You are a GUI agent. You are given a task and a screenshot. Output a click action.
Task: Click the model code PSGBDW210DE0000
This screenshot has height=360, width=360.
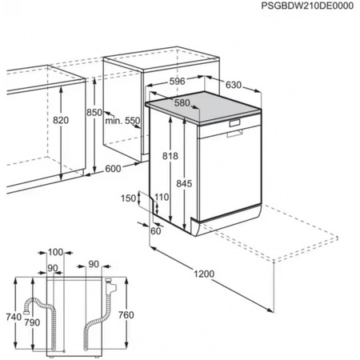pos(306,6)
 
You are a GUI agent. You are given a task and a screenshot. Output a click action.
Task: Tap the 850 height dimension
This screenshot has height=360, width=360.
pos(95,113)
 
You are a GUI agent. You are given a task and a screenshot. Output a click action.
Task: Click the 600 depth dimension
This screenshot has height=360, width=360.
pos(112,168)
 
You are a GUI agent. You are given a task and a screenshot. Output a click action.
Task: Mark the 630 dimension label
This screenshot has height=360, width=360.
pos(234,85)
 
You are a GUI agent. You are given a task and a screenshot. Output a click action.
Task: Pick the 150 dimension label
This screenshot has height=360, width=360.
pos(128,198)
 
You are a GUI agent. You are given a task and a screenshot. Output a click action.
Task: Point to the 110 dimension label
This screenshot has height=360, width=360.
pos(162,197)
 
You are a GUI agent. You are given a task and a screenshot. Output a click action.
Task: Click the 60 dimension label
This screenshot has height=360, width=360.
pos(155,231)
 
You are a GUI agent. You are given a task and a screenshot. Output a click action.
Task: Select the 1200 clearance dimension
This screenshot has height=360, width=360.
pos(204,274)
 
